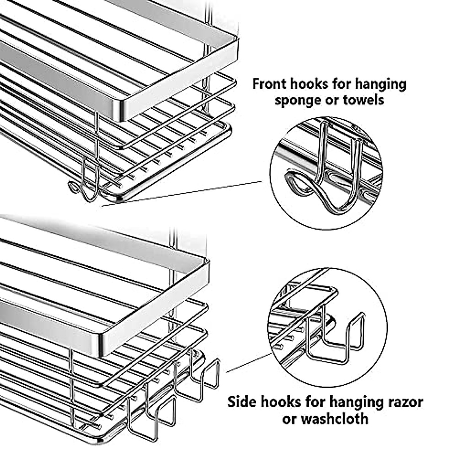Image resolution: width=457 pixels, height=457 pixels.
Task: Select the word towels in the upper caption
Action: coord(364,100)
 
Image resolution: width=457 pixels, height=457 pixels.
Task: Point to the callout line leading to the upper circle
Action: coord(182,194)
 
